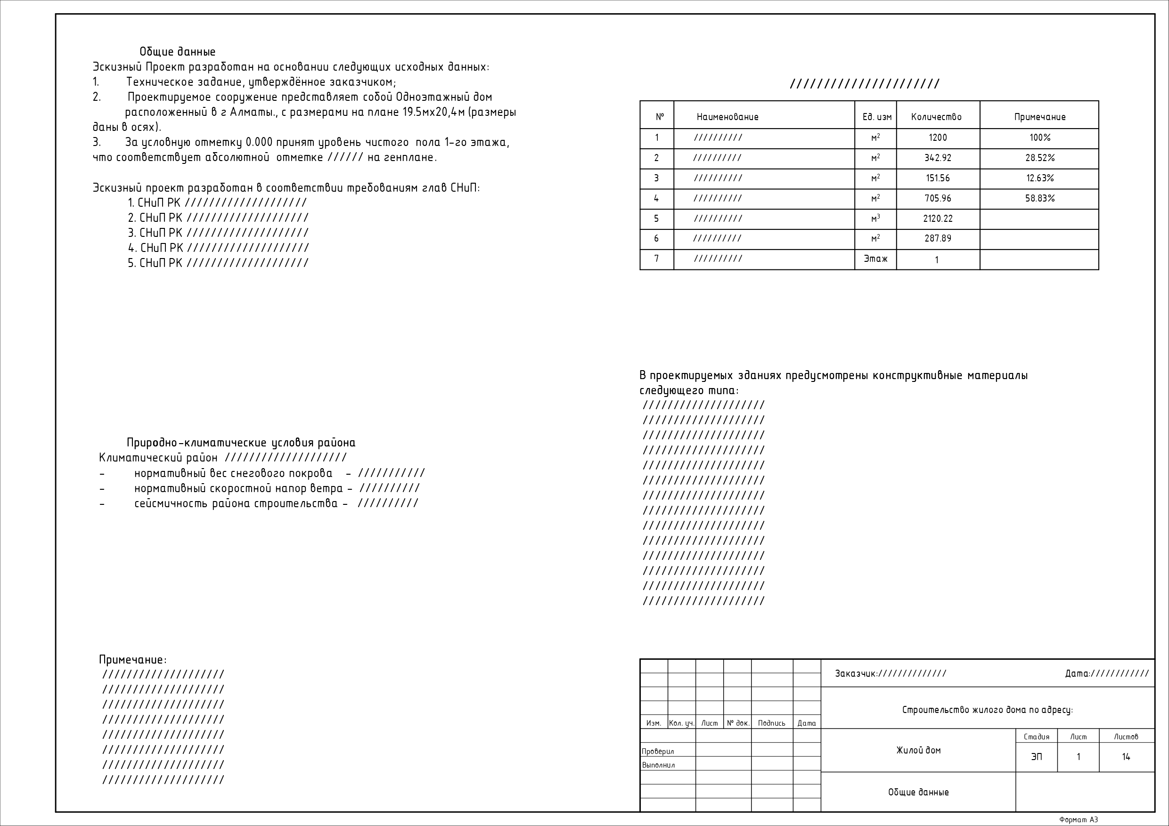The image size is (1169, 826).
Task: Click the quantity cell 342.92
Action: pyautogui.click(x=937, y=158)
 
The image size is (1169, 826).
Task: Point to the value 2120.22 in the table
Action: pyautogui.click(x=937, y=219)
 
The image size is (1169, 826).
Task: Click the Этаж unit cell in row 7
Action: pyautogui.click(x=875, y=259)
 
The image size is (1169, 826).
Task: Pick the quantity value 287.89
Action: pyautogui.click(x=937, y=239)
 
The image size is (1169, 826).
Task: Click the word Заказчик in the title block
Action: pyautogui.click(x=855, y=674)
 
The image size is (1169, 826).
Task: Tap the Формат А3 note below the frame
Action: pyautogui.click(x=1079, y=820)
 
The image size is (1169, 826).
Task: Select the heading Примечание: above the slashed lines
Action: pyautogui.click(x=132, y=660)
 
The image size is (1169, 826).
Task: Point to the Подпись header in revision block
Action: pyautogui.click(x=771, y=723)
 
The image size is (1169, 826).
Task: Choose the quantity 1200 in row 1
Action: pyautogui.click(x=937, y=138)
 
